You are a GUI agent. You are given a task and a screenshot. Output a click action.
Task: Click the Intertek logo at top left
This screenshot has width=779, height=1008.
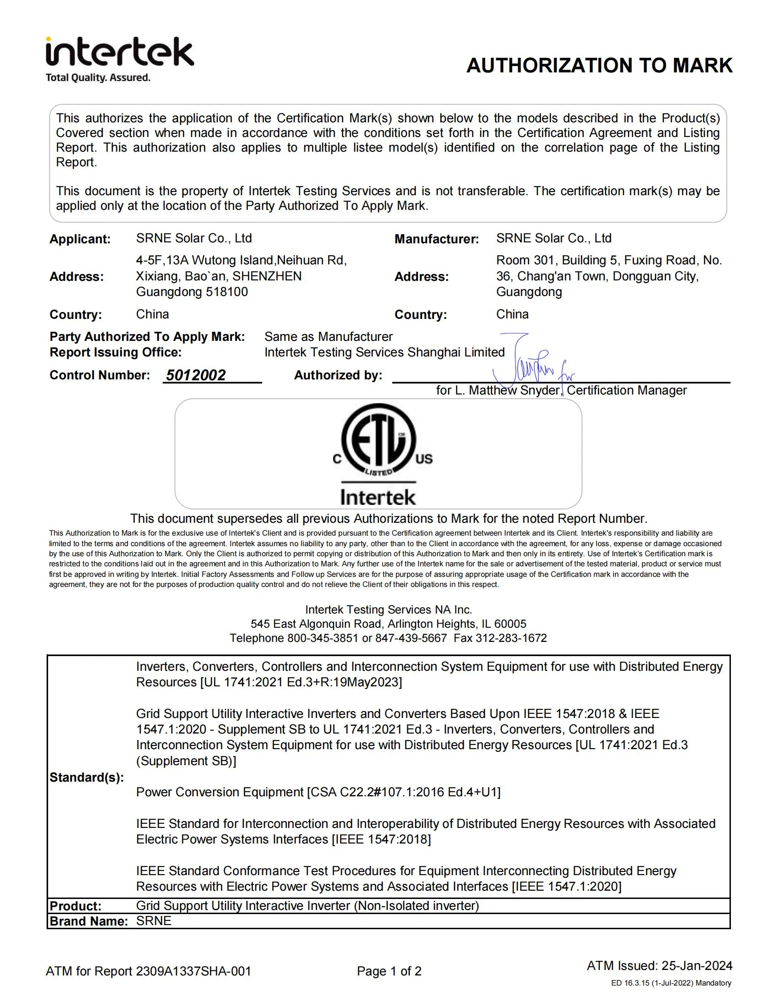[x=119, y=52]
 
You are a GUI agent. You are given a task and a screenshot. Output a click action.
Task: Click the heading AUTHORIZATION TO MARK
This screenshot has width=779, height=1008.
[x=599, y=66]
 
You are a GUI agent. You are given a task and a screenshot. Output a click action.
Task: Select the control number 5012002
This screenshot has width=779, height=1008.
[x=196, y=375]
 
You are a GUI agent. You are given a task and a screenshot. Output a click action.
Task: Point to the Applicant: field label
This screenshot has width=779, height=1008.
[x=80, y=239]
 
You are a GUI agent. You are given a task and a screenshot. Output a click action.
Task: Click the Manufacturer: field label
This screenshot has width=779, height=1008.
[x=436, y=239]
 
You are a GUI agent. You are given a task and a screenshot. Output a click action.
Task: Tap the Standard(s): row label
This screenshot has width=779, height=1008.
[x=86, y=777]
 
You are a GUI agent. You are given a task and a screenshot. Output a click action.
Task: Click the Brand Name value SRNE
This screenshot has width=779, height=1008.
[x=154, y=921]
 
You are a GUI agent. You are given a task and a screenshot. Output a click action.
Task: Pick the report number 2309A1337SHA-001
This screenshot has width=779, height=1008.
[x=193, y=971]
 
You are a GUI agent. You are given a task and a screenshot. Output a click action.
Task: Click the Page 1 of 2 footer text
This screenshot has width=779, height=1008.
[x=389, y=971]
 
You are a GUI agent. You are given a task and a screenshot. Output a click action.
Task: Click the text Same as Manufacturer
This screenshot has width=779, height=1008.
[x=328, y=336]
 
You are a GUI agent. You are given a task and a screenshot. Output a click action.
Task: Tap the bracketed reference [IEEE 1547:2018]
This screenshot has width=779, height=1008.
[x=381, y=839]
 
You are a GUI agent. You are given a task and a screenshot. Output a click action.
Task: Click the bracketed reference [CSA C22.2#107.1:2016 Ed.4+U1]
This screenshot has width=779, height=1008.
[x=403, y=792]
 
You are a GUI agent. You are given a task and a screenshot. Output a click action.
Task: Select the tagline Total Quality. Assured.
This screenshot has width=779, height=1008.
[x=98, y=77]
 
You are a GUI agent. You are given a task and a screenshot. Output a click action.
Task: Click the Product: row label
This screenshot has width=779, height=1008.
[x=75, y=905]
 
